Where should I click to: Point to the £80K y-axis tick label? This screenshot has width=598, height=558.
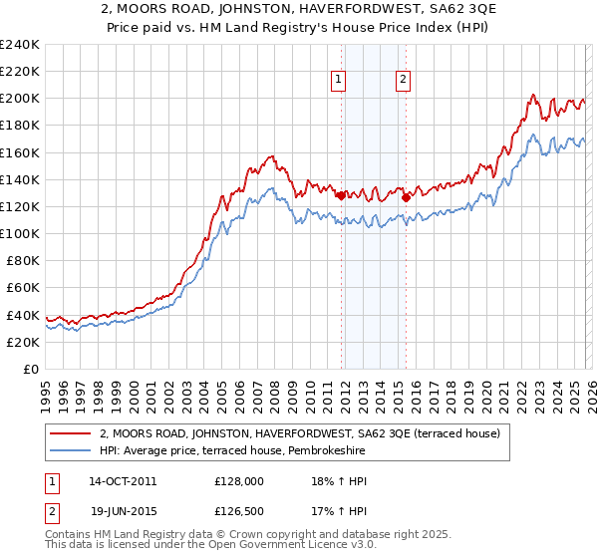coord(22,260)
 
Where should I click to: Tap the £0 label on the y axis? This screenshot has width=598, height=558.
coord(30,368)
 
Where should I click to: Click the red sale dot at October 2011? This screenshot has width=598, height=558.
coord(341,195)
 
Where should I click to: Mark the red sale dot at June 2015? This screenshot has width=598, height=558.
coord(406,197)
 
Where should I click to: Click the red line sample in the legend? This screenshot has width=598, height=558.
coord(71,433)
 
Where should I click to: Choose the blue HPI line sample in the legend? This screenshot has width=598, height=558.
coord(71,450)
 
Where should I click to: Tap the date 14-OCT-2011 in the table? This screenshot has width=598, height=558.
coord(123,480)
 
